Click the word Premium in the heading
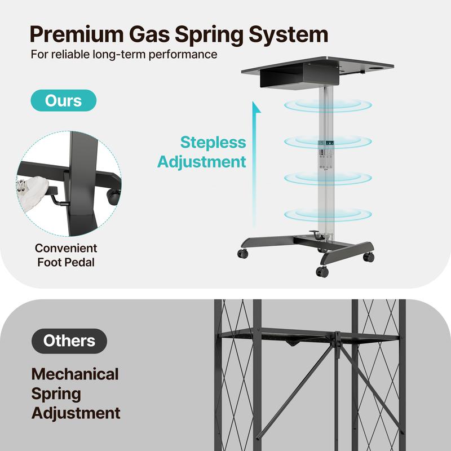click(x=77, y=34)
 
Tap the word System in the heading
click(x=288, y=35)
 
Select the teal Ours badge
click(x=64, y=100)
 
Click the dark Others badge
click(x=69, y=341)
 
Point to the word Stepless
click(x=213, y=143)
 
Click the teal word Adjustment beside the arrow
click(x=202, y=162)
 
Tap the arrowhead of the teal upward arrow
click(x=256, y=107)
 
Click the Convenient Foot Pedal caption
click(x=66, y=255)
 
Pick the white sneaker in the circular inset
click(x=33, y=192)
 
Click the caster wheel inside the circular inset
click(x=113, y=197)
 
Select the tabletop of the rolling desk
click(x=317, y=65)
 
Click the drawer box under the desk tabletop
click(x=299, y=77)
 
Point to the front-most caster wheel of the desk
click(x=322, y=271)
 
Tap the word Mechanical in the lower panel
click(x=75, y=374)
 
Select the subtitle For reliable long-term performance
click(x=124, y=54)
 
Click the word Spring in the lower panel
click(x=56, y=394)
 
